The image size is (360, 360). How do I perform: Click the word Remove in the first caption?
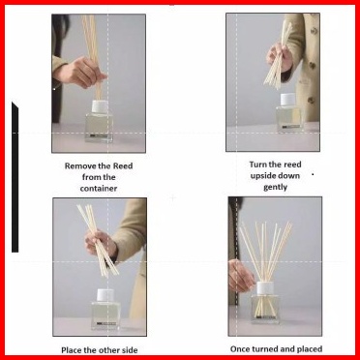tap(79, 166)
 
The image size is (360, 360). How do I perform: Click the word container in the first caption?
tap(99, 189)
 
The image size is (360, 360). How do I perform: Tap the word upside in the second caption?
tap(264, 176)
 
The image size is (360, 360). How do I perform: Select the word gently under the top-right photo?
tap(275, 188)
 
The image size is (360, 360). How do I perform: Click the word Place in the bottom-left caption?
tap(71, 350)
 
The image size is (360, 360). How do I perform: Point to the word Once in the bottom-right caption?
tap(240, 349)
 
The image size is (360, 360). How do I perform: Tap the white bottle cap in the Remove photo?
tap(100, 106)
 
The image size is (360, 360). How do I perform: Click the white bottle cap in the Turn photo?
tap(287, 100)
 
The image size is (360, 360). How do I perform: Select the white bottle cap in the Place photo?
tap(105, 295)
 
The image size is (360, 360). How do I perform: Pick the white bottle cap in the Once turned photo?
tap(265, 288)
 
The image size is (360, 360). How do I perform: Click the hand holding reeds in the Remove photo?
tap(79, 73)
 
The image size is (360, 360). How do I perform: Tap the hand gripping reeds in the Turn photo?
tap(280, 57)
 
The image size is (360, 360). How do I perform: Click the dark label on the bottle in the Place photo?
tap(106, 323)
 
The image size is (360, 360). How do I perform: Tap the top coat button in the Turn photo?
tap(314, 31)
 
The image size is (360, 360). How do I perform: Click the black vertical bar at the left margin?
tap(15, 177)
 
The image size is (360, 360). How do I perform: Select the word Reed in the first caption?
tap(123, 166)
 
